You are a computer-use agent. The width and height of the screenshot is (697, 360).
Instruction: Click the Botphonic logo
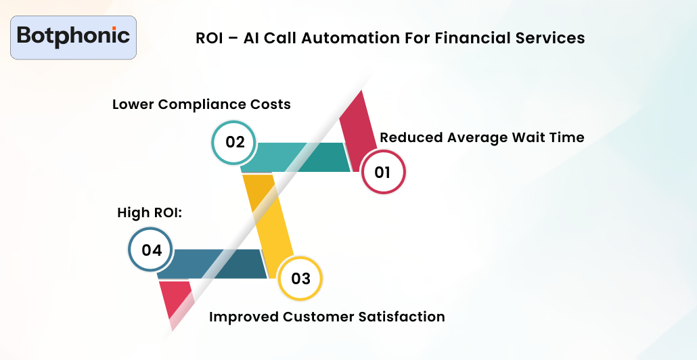(74, 37)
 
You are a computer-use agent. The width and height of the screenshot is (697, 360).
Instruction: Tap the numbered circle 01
(383, 172)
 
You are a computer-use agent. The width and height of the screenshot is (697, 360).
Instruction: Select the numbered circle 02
(234, 142)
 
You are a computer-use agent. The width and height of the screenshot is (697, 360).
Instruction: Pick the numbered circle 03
(300, 278)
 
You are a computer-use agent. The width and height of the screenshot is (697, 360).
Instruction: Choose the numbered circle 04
(151, 250)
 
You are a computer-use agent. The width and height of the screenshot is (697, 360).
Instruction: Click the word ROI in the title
(209, 38)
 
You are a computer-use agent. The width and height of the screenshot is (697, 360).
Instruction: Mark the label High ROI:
(151, 213)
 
